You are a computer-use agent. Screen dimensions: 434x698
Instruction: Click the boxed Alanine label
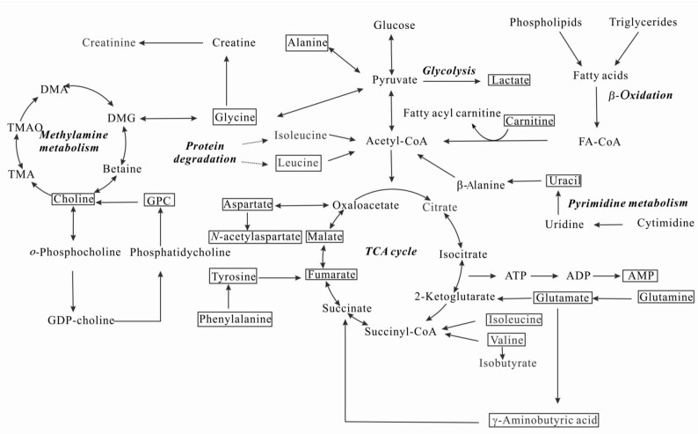tap(307, 42)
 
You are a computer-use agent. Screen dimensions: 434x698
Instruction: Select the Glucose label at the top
tap(394, 25)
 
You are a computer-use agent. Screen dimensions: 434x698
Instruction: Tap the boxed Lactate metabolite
tap(510, 80)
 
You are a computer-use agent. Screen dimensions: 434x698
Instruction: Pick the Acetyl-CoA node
tap(393, 140)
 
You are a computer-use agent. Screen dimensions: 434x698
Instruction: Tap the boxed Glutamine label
tap(665, 298)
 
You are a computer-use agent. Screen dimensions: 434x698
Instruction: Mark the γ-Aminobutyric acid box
tap(544, 420)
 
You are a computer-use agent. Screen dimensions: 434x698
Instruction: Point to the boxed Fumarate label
tap(332, 276)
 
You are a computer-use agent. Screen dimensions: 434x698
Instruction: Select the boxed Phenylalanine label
tap(234, 318)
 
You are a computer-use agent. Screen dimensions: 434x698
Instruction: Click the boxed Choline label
tap(72, 200)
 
